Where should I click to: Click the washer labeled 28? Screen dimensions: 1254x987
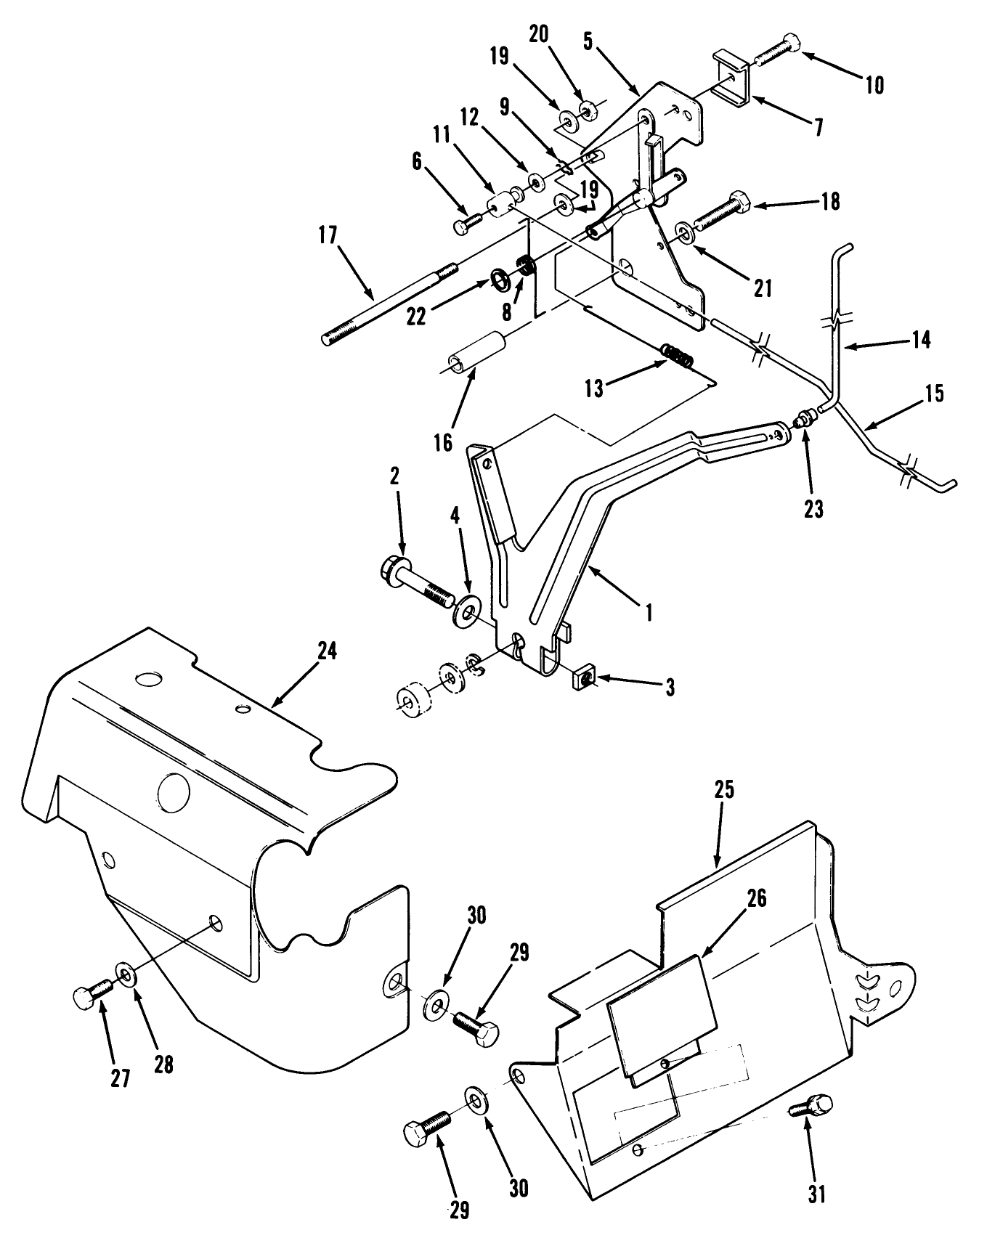point(125,973)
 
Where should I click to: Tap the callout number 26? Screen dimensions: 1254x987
point(756,897)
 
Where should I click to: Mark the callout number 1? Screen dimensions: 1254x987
point(648,612)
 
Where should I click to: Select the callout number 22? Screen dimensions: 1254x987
point(416,317)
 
